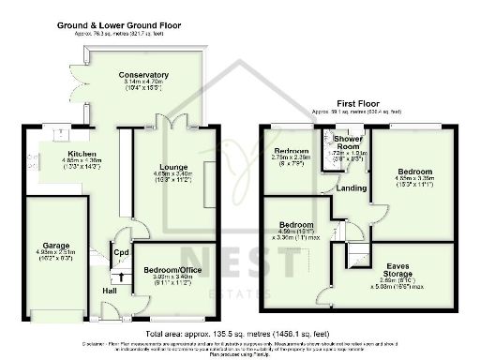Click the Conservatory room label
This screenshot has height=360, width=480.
143,75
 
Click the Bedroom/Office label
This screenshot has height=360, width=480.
168,271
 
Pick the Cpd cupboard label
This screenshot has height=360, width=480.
121,252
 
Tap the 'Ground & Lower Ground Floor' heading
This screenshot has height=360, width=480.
119,24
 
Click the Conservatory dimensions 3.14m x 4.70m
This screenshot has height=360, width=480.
143,84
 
